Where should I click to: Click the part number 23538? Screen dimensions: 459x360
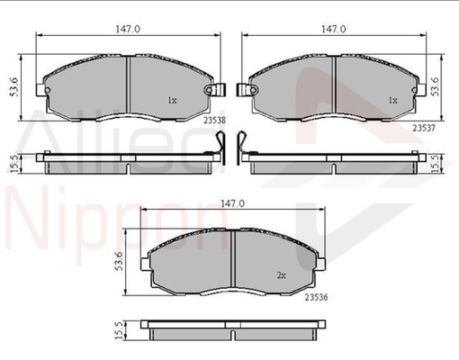click(x=214, y=121)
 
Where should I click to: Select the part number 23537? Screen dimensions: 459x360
click(x=424, y=128)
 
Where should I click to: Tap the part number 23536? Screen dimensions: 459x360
click(x=316, y=297)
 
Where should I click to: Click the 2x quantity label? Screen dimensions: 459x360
click(x=281, y=275)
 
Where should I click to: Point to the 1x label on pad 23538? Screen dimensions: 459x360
click(x=172, y=100)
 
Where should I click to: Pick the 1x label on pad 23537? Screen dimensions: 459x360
click(x=393, y=100)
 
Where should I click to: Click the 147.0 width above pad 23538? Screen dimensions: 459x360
click(x=128, y=29)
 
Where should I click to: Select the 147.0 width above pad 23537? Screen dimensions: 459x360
click(x=334, y=29)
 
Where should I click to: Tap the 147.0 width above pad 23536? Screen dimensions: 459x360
click(x=233, y=203)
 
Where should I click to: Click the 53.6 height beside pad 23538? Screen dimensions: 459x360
click(x=14, y=87)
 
